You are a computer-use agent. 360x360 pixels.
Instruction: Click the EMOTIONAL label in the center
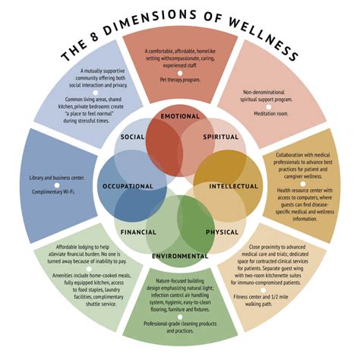pyautogui.click(x=180, y=117)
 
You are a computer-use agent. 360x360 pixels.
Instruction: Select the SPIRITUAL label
pyautogui.click(x=220, y=137)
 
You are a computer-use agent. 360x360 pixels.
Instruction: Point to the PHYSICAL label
pyautogui.click(x=221, y=232)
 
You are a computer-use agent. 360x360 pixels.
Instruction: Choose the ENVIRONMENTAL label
pyautogui.click(x=180, y=256)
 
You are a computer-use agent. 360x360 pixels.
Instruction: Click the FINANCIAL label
pyautogui.click(x=138, y=232)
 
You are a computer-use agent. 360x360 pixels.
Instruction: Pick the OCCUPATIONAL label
pyautogui.click(x=127, y=186)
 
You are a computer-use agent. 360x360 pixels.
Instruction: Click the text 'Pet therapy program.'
pyautogui.click(x=180, y=78)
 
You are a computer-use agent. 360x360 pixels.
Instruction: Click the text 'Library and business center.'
pyautogui.click(x=56, y=178)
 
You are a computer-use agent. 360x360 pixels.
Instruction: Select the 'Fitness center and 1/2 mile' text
pyautogui.click(x=296, y=296)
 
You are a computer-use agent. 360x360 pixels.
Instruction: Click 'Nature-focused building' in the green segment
pyautogui.click(x=180, y=282)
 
